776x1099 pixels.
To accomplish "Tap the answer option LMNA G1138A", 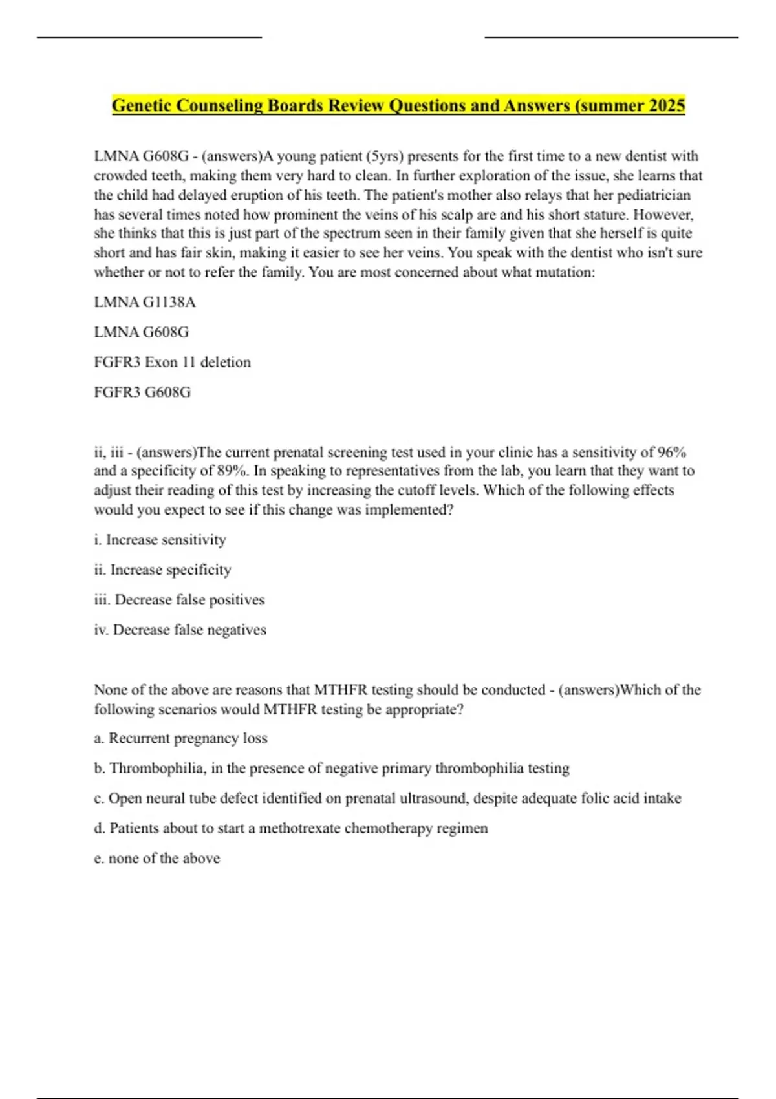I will pyautogui.click(x=145, y=302).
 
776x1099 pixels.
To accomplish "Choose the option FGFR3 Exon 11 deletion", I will pyautogui.click(x=172, y=362).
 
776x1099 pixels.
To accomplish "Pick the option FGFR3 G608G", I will pyautogui.click(x=142, y=392).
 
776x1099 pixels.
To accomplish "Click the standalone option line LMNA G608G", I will pyautogui.click(x=142, y=332).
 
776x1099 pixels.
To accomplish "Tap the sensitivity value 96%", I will pyautogui.click(x=672, y=452).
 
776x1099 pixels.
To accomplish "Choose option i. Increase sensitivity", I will pyautogui.click(x=160, y=540).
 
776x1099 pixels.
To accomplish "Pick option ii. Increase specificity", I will pyautogui.click(x=162, y=570).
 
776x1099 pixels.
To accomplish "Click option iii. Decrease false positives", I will pyautogui.click(x=179, y=600).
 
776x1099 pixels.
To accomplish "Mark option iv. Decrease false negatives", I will pyautogui.click(x=180, y=630).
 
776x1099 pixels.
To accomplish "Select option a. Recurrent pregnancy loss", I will pyautogui.click(x=180, y=738).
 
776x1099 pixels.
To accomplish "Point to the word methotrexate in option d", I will pyautogui.click(x=299, y=828).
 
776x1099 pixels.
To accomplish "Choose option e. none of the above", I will pyautogui.click(x=157, y=859).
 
